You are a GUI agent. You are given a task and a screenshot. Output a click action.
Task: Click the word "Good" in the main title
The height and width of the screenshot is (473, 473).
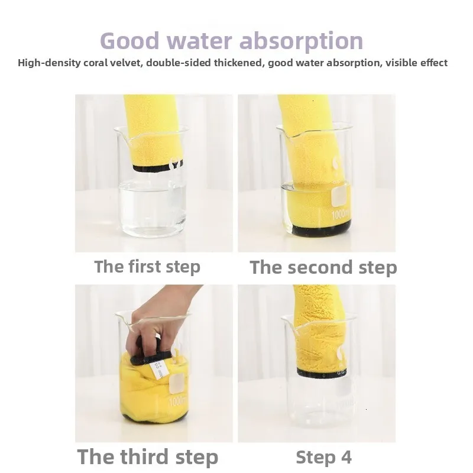pyautogui.click(x=129, y=41)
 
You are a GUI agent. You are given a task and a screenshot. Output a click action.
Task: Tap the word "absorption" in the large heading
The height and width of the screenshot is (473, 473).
pyautogui.click(x=301, y=41)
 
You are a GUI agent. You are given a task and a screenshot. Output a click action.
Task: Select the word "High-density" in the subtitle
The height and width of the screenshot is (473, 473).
pyautogui.click(x=49, y=63)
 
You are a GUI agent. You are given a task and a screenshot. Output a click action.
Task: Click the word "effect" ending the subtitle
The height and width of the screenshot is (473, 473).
pyautogui.click(x=433, y=63)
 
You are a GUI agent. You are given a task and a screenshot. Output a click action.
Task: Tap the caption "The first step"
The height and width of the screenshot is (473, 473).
pyautogui.click(x=147, y=267)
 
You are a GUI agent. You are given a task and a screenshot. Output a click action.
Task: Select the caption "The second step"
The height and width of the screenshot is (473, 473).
pyautogui.click(x=323, y=267)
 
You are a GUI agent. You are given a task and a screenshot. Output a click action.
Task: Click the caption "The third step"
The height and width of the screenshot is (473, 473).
pyautogui.click(x=147, y=456)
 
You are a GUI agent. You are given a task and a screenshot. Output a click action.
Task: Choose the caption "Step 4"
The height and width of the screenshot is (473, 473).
pyautogui.click(x=323, y=457)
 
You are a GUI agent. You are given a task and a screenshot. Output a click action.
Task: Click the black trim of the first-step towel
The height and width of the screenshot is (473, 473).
pyautogui.click(x=154, y=168)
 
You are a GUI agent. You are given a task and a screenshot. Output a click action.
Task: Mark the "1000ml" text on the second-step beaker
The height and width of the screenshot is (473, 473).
pyautogui.click(x=341, y=215)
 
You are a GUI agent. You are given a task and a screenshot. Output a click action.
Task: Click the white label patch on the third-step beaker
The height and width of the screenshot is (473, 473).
pyautogui.click(x=176, y=384)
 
